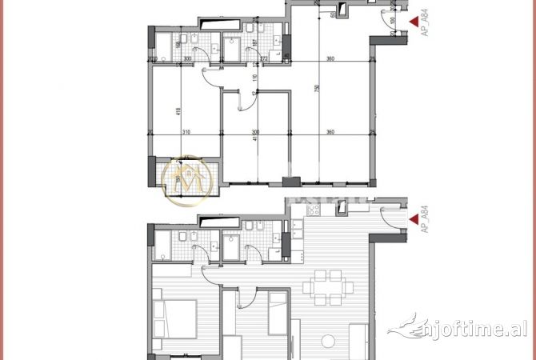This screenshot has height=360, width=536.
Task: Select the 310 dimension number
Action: (186, 132)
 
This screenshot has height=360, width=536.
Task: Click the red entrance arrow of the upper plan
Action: (414, 22)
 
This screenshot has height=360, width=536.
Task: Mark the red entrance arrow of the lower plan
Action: (414, 218)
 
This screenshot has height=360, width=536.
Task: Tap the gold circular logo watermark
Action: (186, 180)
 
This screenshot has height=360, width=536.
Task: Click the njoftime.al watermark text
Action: (459, 328)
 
